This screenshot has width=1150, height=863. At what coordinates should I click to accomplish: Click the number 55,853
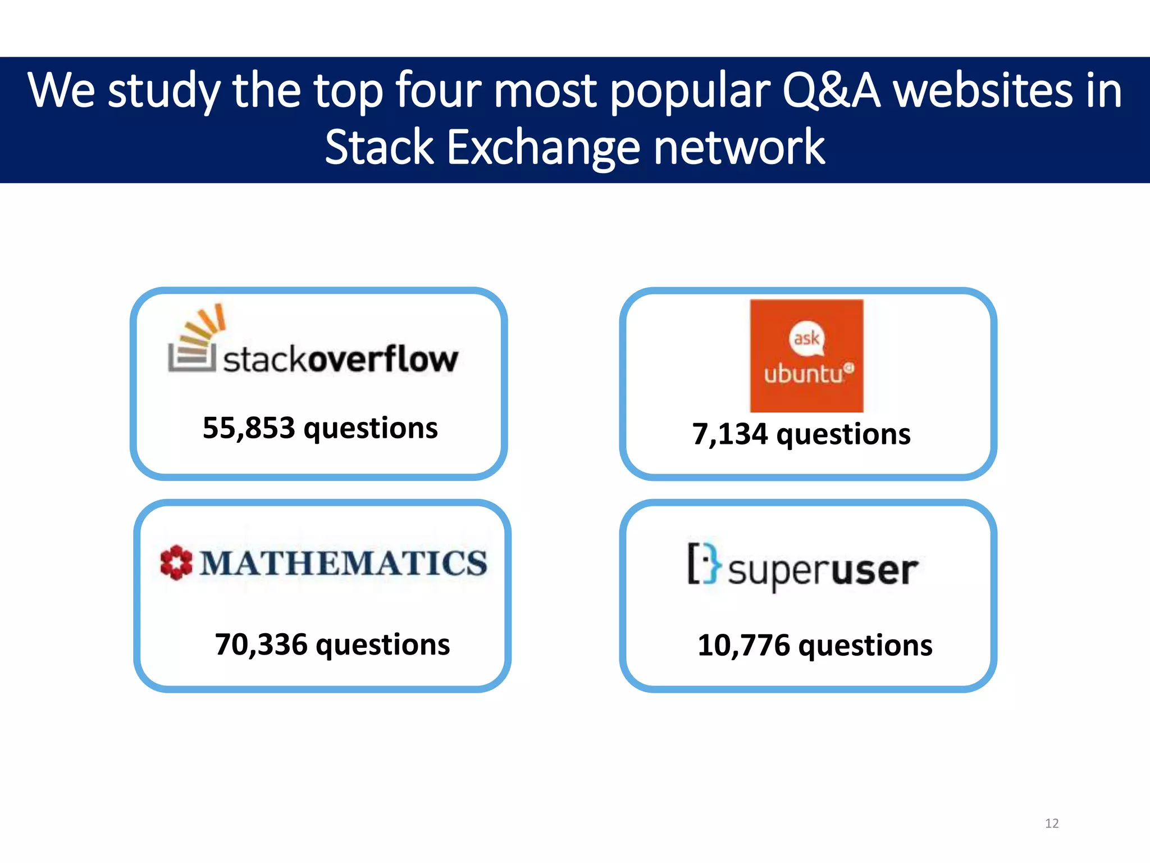248,428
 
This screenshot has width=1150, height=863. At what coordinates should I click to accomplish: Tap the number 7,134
729,434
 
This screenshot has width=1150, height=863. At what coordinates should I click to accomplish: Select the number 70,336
261,644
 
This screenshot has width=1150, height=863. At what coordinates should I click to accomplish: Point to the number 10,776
743,645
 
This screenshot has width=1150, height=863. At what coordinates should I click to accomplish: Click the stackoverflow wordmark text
341,360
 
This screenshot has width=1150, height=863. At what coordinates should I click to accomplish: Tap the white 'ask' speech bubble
807,338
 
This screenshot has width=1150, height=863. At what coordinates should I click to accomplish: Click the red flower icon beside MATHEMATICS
176,562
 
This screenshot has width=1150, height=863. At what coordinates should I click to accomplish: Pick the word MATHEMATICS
344,563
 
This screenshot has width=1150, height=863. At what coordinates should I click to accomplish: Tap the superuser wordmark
823,571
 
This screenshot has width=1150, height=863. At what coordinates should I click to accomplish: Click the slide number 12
1052,823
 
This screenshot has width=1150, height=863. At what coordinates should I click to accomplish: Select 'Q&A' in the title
830,90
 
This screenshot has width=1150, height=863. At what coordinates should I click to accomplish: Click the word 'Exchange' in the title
543,147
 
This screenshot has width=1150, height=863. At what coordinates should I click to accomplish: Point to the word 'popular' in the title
691,90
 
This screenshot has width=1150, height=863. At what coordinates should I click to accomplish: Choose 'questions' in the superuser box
865,646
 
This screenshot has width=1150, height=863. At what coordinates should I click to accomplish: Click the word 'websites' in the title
983,90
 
